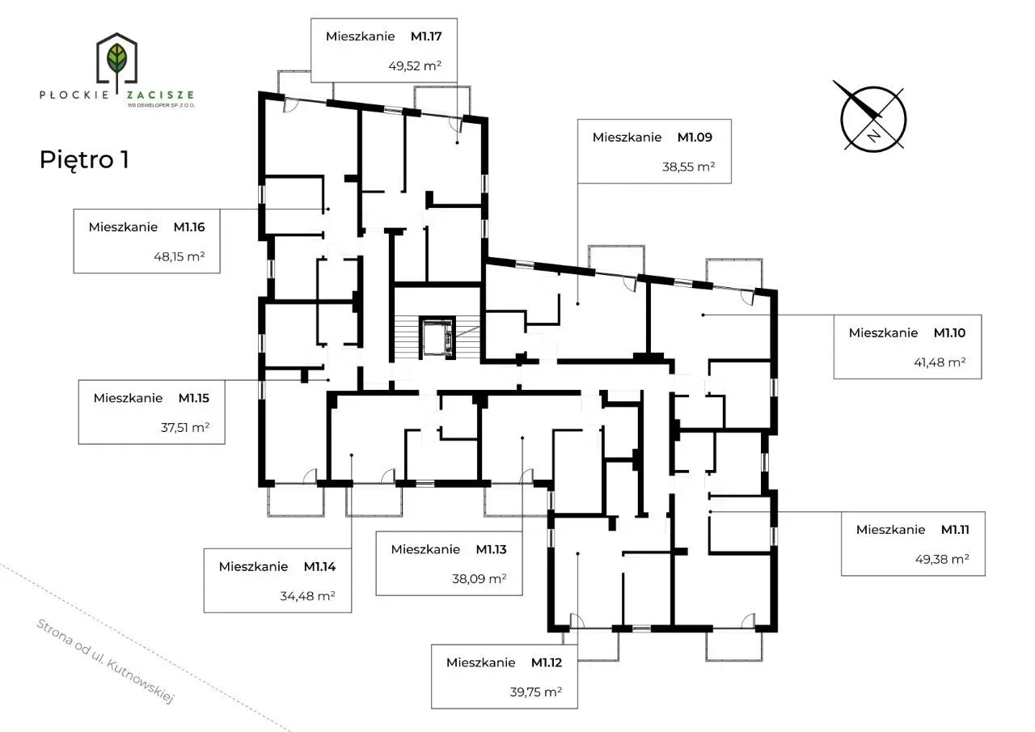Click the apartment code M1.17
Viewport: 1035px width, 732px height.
pyautogui.click(x=426, y=36)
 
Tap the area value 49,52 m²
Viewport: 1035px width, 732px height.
pyautogui.click(x=415, y=66)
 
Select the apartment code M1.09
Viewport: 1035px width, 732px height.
pyautogui.click(x=695, y=138)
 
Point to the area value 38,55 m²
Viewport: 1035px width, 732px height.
pyautogui.click(x=688, y=167)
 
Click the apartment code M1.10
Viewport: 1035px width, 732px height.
pyautogui.click(x=949, y=332)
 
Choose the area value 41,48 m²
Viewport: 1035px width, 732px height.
pyautogui.click(x=940, y=362)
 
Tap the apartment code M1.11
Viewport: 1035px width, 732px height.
pyautogui.click(x=955, y=530)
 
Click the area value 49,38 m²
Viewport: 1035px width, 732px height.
pyautogui.click(x=942, y=559)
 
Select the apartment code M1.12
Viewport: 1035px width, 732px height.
pyautogui.click(x=546, y=662)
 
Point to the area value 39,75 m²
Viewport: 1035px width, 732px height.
pyautogui.click(x=536, y=692)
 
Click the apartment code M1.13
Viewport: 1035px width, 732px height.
pyautogui.click(x=491, y=549)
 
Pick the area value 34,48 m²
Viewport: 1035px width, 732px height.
pyautogui.click(x=307, y=595)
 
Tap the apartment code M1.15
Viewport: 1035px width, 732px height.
pyautogui.click(x=193, y=398)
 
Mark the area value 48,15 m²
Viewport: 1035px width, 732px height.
pyautogui.click(x=180, y=256)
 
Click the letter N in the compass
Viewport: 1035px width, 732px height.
pyautogui.click(x=873, y=137)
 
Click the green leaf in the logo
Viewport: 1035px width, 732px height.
pyautogui.click(x=116, y=57)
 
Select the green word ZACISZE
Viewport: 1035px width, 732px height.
pyautogui.click(x=160, y=95)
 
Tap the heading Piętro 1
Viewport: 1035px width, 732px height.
pyautogui.click(x=84, y=160)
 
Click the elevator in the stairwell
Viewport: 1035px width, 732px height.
pyautogui.click(x=437, y=337)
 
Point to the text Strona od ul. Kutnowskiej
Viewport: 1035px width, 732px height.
pyautogui.click(x=105, y=661)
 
